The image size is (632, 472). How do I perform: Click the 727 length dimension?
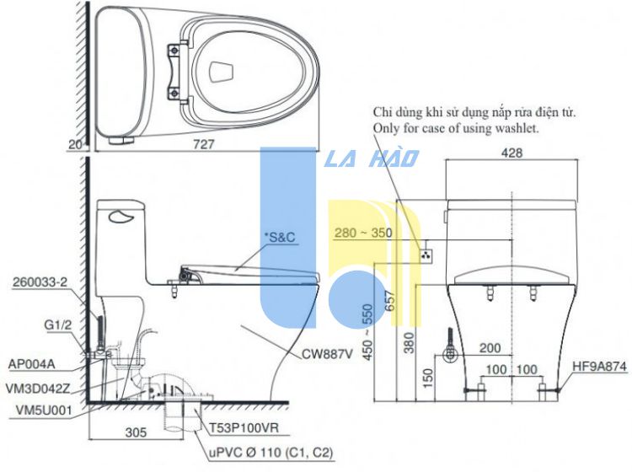click(x=204, y=144)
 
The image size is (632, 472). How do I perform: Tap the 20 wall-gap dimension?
click(x=76, y=145)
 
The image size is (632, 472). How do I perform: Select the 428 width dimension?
click(x=511, y=153)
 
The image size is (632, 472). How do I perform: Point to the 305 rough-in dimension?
click(x=136, y=432)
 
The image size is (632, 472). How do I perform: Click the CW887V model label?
click(x=327, y=354)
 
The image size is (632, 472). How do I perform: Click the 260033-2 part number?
click(x=40, y=282)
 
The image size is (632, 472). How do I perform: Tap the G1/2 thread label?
click(x=57, y=324)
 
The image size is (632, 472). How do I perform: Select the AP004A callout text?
click(x=31, y=364)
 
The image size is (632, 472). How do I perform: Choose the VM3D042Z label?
click(x=38, y=389)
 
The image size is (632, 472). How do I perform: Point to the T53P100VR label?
click(x=244, y=427)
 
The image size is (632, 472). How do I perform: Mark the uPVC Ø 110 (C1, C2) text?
click(x=270, y=453)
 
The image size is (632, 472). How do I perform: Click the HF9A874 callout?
click(x=600, y=367)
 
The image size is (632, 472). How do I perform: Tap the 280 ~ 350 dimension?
click(x=363, y=233)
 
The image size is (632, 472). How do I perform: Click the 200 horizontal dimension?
click(x=490, y=348)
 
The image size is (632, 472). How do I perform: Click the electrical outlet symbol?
click(x=426, y=255)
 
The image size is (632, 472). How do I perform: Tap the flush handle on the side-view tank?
click(x=121, y=218)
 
